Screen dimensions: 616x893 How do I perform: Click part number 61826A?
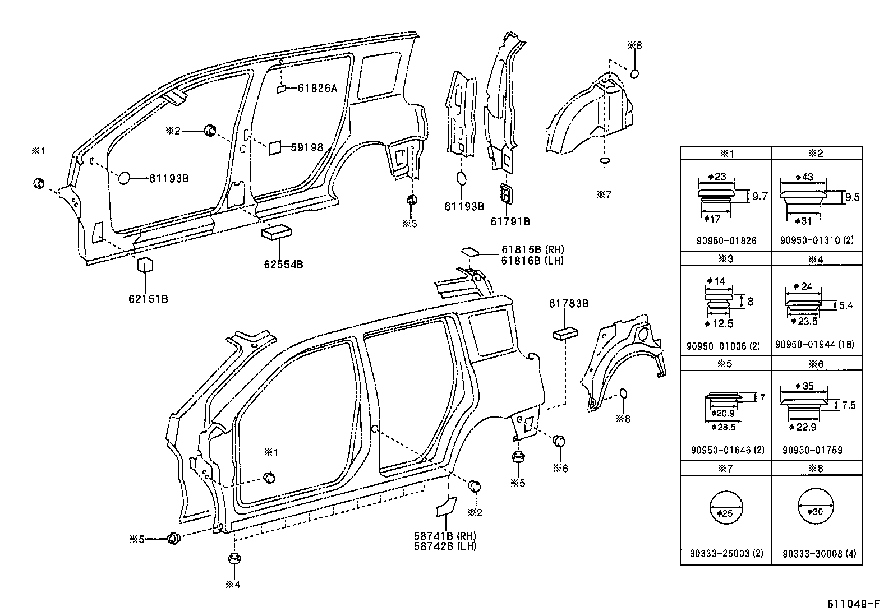tap(317, 88)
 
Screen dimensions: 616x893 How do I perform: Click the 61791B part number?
tap(510, 221)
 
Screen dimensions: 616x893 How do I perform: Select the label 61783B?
tap(568, 304)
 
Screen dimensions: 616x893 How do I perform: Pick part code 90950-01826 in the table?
tap(726, 241)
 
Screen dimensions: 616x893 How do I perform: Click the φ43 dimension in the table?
tap(804, 177)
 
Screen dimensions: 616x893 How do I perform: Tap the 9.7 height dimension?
tap(760, 196)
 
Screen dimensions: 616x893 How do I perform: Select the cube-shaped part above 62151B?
tap(146, 265)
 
